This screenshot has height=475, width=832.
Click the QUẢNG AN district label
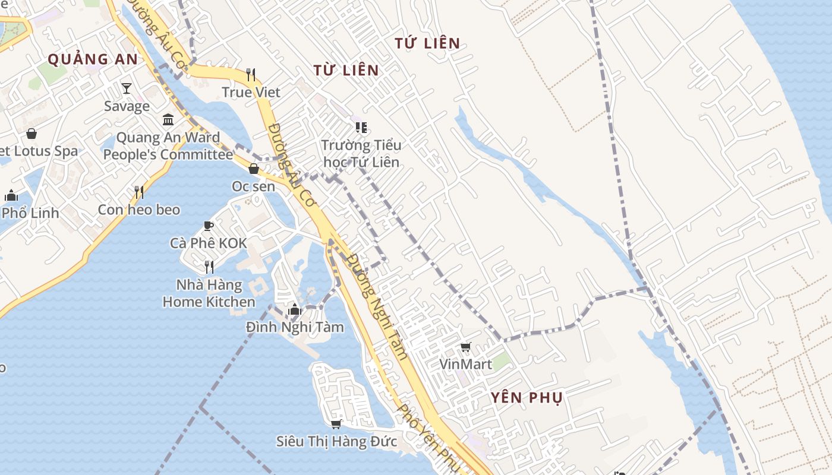click(x=92, y=59)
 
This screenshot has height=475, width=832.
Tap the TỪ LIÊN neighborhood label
click(x=346, y=70)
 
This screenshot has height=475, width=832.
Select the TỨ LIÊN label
click(x=427, y=43)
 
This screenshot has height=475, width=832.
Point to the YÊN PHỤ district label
click(x=527, y=398)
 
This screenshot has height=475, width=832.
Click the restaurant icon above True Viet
click(x=251, y=74)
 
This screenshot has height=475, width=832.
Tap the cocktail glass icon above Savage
click(x=127, y=88)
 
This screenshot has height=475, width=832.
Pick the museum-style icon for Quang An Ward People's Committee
click(x=168, y=120)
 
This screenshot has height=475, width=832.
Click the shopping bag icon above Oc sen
click(x=254, y=169)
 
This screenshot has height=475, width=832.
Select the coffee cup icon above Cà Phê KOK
click(x=208, y=226)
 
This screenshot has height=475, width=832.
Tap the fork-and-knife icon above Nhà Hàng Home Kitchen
click(x=209, y=267)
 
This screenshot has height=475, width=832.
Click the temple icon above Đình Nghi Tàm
click(x=294, y=309)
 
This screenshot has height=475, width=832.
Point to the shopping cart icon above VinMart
click(x=466, y=347)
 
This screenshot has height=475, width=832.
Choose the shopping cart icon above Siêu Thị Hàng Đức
click(x=336, y=424)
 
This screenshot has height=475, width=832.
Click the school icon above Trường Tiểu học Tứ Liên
click(x=361, y=127)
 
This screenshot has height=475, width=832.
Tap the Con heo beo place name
click(x=138, y=210)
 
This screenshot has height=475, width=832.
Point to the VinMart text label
click(x=466, y=364)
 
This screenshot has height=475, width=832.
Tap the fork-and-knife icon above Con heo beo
click(x=139, y=192)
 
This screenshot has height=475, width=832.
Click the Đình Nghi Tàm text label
click(x=295, y=327)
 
